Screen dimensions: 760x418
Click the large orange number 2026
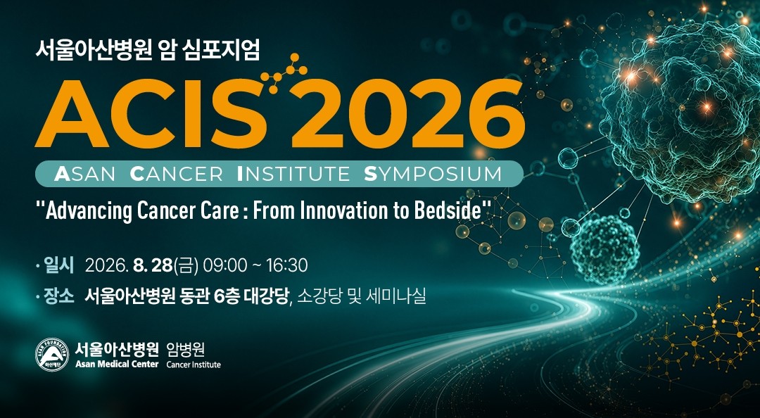coord(407,113)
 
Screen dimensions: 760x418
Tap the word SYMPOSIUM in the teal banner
coord(432,174)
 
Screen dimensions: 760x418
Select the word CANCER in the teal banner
coord(177,174)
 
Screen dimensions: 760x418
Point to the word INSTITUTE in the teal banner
coord(293,174)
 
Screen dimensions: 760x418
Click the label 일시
coord(58,266)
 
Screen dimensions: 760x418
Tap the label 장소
coord(58,296)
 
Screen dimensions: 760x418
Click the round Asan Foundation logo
coord(52,355)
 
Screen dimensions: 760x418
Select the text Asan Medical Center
coord(117,365)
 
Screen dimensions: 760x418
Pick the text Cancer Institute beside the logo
coord(194,365)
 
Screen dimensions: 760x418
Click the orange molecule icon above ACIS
coord(284,73)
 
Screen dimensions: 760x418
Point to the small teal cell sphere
coord(604,249)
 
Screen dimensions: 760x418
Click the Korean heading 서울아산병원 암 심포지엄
coord(148,50)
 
